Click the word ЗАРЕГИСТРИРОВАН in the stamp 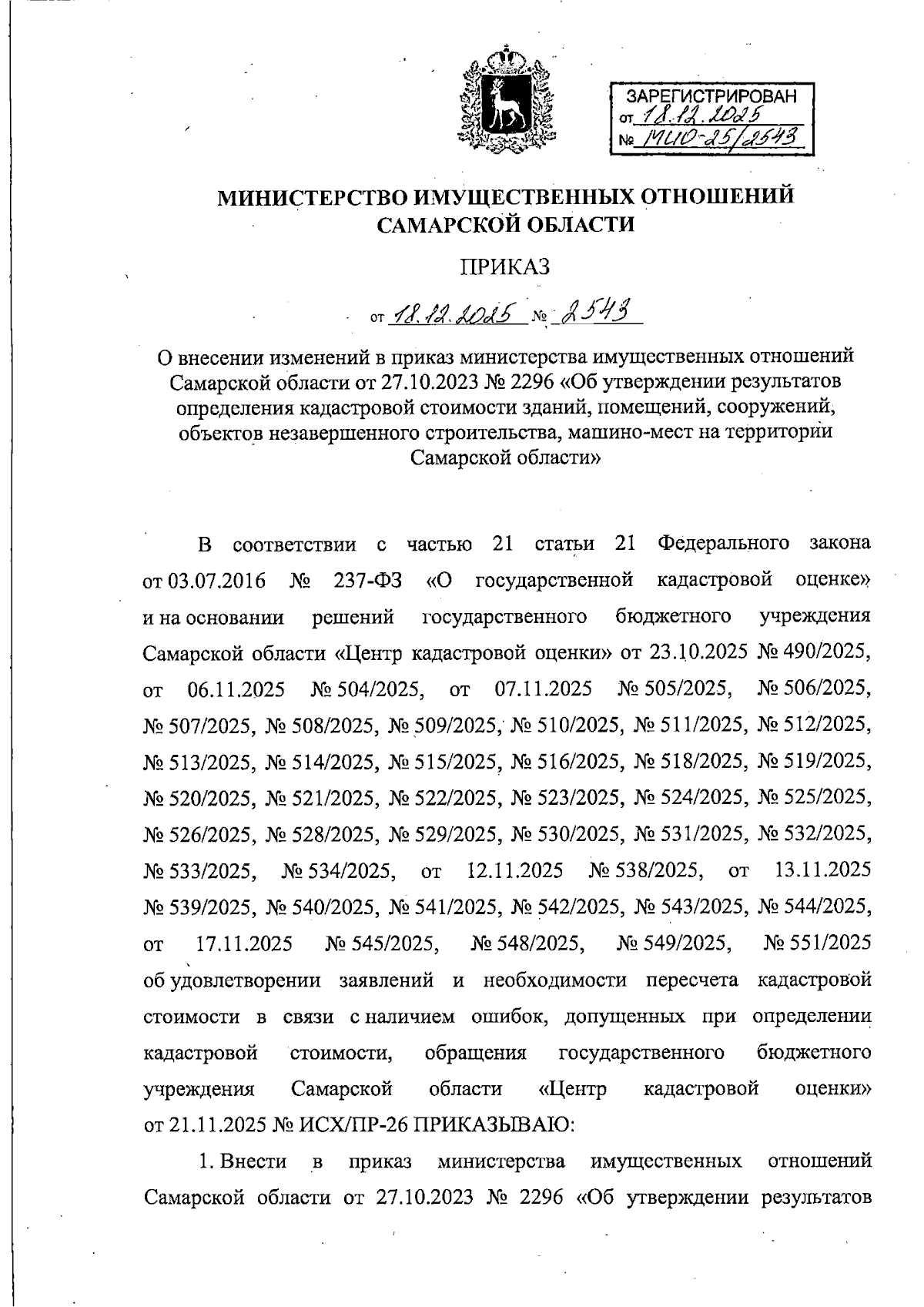(711, 97)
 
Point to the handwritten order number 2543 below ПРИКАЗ (597, 312)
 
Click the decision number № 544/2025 (815, 907)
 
